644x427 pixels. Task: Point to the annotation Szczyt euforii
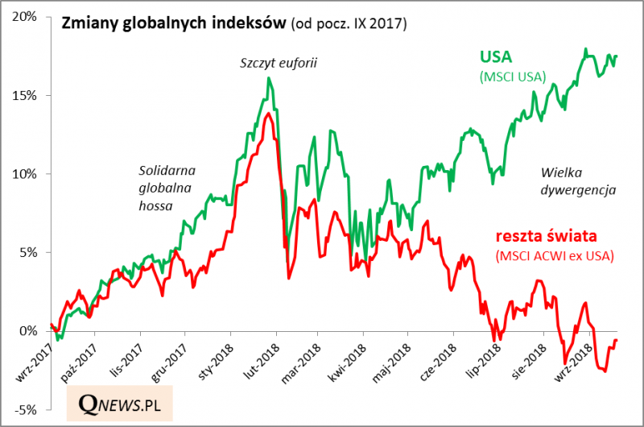point(279,61)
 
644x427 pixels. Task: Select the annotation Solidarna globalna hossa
point(167,188)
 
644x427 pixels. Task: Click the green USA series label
point(496,57)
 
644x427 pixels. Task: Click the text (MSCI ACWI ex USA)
point(553,257)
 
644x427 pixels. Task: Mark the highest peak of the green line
point(585,49)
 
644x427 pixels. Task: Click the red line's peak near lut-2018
point(266,114)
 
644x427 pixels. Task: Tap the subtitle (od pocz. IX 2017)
point(348,24)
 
